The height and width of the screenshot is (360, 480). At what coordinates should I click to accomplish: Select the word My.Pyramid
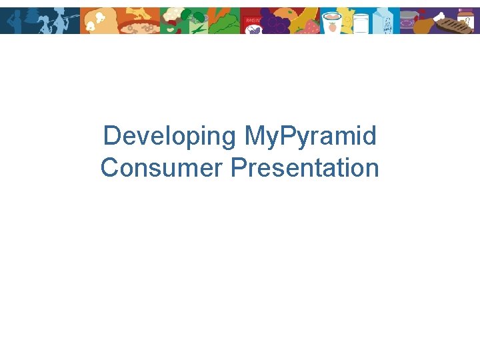tap(310, 136)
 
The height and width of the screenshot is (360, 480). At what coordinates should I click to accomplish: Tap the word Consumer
tap(161, 167)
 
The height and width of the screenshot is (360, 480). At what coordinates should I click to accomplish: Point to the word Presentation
tap(305, 167)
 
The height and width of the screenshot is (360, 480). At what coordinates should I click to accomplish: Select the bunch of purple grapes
tap(273, 23)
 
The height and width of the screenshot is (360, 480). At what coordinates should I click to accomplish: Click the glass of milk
tap(361, 23)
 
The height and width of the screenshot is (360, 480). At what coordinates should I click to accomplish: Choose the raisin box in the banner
tap(252, 25)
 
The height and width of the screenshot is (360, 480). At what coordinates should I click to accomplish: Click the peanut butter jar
tap(466, 16)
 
